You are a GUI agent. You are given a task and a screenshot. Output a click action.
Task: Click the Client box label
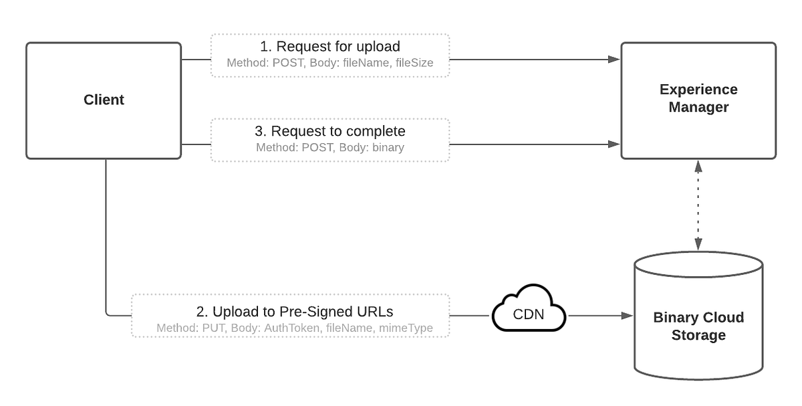tap(104, 100)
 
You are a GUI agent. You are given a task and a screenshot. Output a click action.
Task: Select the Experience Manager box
tap(698, 100)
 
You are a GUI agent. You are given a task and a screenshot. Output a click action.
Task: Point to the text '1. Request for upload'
tap(330, 47)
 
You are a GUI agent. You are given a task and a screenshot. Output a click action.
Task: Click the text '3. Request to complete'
tap(330, 131)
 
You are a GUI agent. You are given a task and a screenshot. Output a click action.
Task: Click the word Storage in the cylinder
tap(698, 335)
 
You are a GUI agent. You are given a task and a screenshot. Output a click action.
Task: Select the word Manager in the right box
tap(698, 107)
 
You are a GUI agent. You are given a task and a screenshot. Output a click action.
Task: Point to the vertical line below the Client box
tap(106, 234)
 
